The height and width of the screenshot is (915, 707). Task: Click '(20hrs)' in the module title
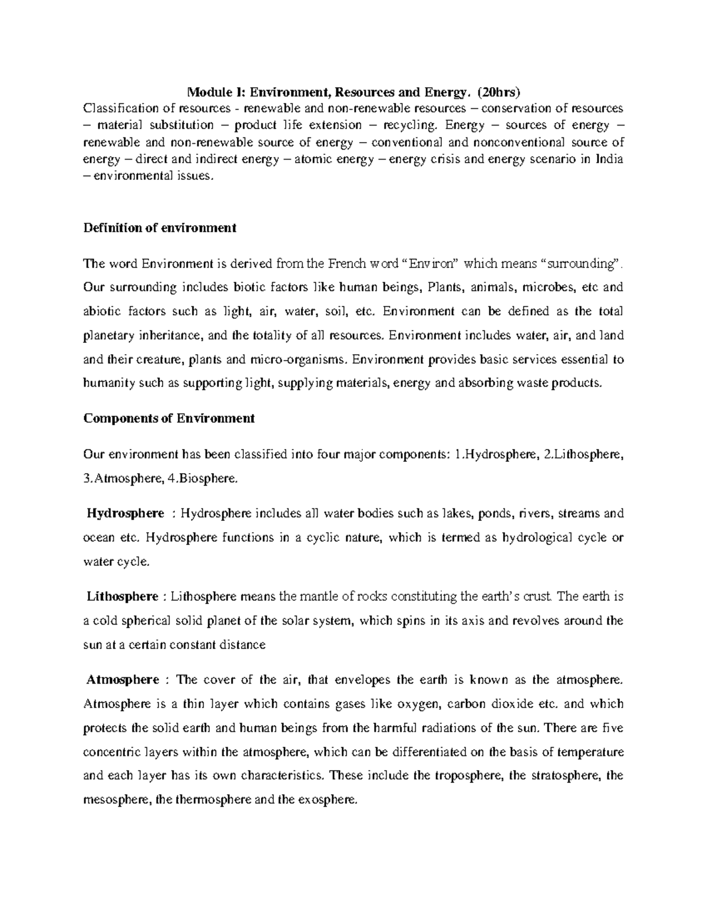(x=500, y=92)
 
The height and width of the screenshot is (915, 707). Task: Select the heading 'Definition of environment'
(x=160, y=228)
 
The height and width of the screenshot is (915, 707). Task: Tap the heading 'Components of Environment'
(x=169, y=418)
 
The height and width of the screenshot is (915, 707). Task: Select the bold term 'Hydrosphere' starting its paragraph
(x=125, y=514)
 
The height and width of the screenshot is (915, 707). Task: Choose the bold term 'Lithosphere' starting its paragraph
(x=123, y=597)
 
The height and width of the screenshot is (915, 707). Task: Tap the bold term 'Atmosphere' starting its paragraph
(x=123, y=680)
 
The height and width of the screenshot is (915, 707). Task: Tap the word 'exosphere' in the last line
(x=328, y=800)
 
